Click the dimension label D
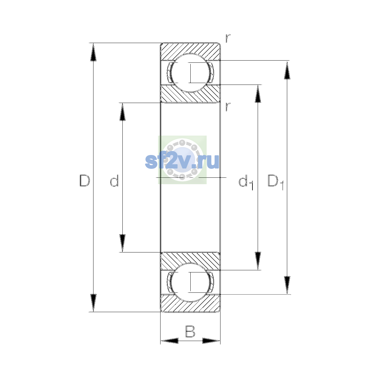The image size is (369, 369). (x=85, y=181)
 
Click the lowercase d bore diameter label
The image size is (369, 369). (x=114, y=181)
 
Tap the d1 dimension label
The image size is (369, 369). (x=246, y=182)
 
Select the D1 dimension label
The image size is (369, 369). (x=276, y=182)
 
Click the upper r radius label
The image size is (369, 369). (x=228, y=38)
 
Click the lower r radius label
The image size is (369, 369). (x=228, y=107)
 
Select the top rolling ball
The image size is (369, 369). (x=190, y=73)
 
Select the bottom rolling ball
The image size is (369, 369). (x=190, y=283)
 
